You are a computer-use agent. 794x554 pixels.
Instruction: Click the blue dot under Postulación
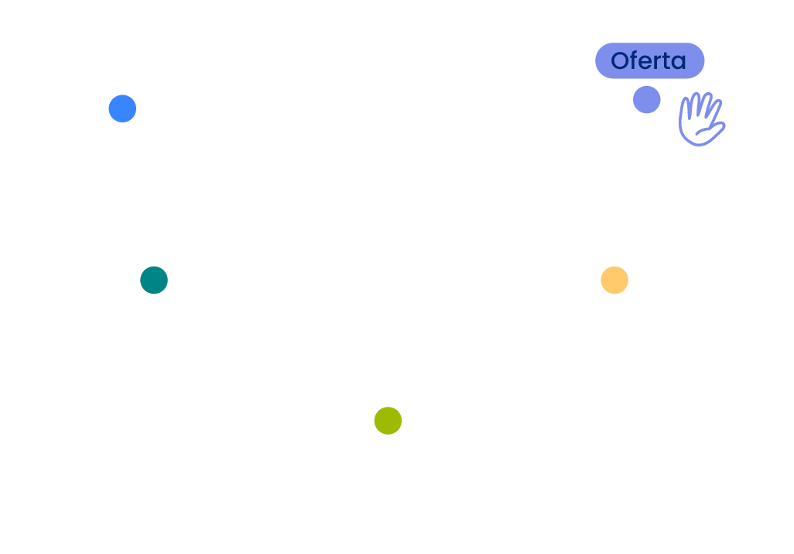(x=122, y=108)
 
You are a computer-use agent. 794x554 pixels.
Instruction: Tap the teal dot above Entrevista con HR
(x=154, y=280)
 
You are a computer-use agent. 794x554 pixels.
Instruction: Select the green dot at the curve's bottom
(x=388, y=421)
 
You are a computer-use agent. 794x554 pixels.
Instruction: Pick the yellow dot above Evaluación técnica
(x=614, y=280)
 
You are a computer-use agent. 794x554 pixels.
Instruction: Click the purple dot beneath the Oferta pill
(x=646, y=100)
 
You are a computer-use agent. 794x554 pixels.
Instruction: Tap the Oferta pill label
(x=649, y=60)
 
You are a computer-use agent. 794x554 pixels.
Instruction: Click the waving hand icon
(x=700, y=120)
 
